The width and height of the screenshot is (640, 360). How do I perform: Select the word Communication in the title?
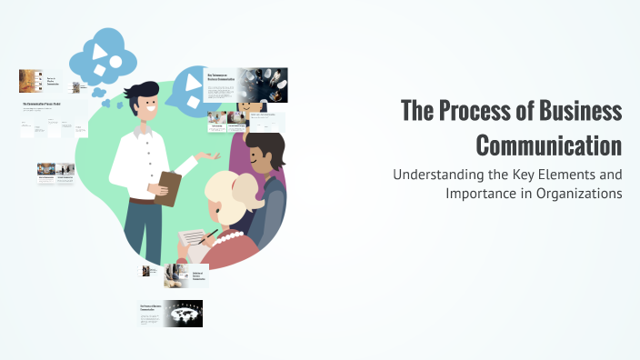549,145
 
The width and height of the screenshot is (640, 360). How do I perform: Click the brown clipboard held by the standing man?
169,187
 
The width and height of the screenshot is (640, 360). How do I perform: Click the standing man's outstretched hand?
212,156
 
